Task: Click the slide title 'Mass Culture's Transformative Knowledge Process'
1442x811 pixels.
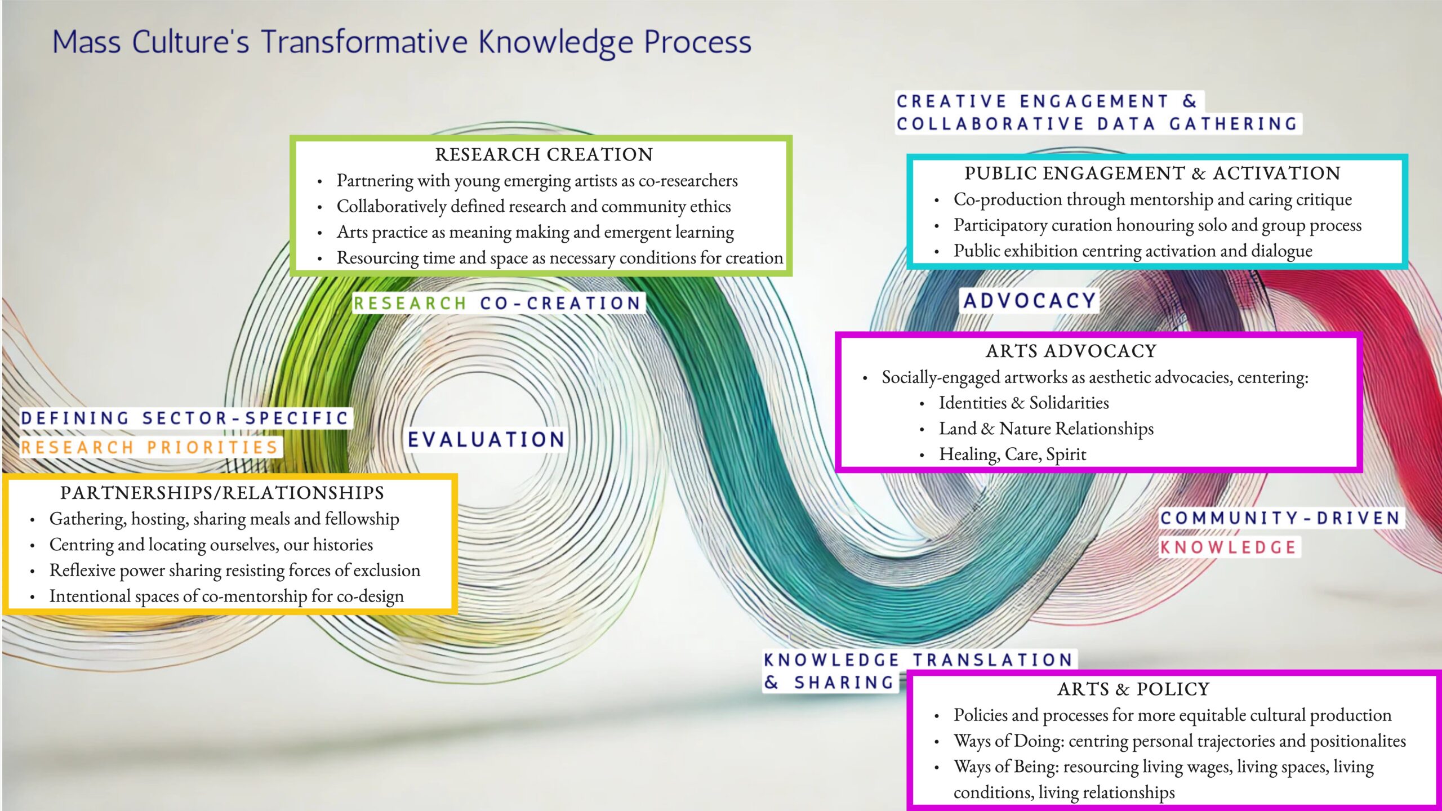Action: (x=402, y=42)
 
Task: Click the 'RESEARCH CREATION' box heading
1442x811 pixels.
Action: (x=544, y=154)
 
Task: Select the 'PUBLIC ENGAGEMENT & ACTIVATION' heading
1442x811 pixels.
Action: (x=1152, y=173)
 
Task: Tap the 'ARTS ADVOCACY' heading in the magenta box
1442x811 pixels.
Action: (x=1071, y=351)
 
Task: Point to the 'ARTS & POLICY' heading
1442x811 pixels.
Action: (x=1133, y=689)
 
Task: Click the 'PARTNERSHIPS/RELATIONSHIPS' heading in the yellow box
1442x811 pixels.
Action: (x=222, y=493)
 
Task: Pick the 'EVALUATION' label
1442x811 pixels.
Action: (x=486, y=440)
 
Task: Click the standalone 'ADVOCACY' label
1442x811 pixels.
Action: (x=1030, y=301)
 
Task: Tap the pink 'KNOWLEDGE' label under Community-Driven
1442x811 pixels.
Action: (x=1229, y=547)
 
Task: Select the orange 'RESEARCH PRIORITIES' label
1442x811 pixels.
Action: (x=150, y=448)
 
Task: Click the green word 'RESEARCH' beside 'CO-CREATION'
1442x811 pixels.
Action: (x=410, y=304)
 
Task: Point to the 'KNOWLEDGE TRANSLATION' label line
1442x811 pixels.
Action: (x=918, y=660)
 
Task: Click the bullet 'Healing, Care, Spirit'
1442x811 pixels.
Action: (x=1012, y=454)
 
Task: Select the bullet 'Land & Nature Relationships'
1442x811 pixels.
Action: (x=1046, y=429)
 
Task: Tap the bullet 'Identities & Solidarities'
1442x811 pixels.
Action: (x=1023, y=403)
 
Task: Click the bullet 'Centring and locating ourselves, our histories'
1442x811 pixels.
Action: (x=211, y=545)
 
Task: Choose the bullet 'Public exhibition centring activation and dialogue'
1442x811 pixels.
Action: (x=1133, y=251)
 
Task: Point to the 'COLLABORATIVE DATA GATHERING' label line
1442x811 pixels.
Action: (x=1097, y=124)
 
